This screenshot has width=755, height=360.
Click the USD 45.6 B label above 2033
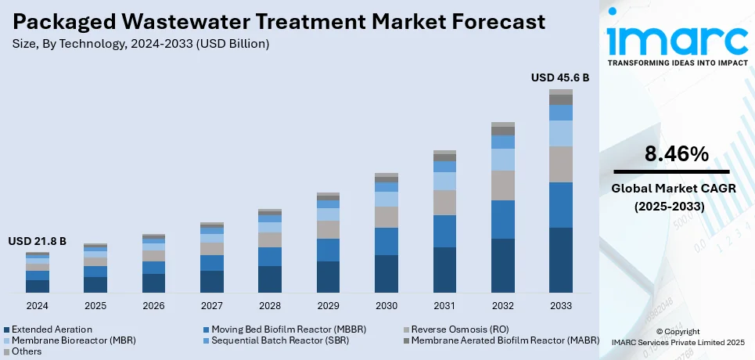560,77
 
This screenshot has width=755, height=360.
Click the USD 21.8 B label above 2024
37,242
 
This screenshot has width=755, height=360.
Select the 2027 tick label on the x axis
211,305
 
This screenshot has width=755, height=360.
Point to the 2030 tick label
386,305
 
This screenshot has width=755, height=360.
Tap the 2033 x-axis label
560,305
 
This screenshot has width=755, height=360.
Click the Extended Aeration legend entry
52,329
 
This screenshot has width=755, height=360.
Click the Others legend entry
27,351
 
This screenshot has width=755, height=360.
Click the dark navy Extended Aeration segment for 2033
560,261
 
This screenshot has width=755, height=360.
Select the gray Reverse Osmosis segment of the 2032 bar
502,185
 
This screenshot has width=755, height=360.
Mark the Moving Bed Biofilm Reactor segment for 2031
444,231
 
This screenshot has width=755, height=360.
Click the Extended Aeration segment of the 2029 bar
328,277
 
